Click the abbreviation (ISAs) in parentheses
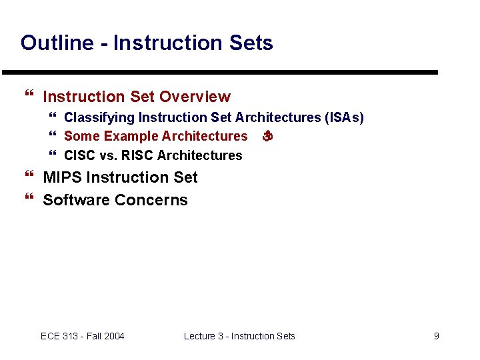coord(344,118)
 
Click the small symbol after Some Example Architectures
coord(267,137)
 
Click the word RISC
coord(137,155)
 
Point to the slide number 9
coord(437,336)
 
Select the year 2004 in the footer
coord(113,336)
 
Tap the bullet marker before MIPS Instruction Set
coord(28,177)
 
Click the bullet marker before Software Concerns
coord(28,200)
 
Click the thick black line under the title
coord(220,72)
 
